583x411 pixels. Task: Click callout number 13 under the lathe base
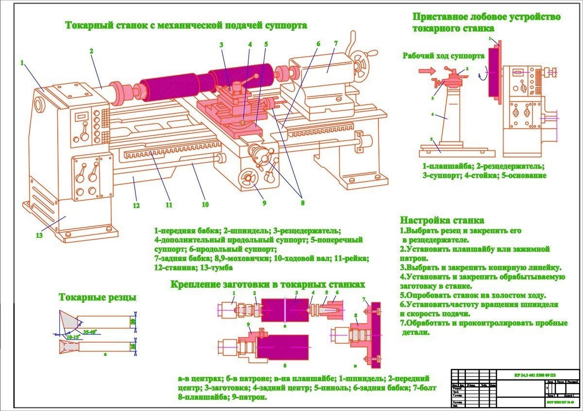(x=39, y=235)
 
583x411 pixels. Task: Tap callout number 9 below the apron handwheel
(x=264, y=203)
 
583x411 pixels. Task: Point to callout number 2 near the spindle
(x=91, y=50)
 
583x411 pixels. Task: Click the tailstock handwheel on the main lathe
(x=360, y=63)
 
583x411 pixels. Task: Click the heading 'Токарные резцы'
(x=97, y=297)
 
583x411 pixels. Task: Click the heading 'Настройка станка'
(x=442, y=220)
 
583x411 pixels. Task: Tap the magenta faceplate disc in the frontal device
(x=494, y=74)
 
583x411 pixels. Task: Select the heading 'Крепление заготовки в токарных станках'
(x=268, y=284)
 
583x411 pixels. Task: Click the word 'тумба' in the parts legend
(x=223, y=267)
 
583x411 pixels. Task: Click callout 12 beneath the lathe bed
(x=137, y=205)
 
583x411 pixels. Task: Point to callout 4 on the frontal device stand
(x=431, y=115)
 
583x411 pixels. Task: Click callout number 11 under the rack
(x=169, y=205)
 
